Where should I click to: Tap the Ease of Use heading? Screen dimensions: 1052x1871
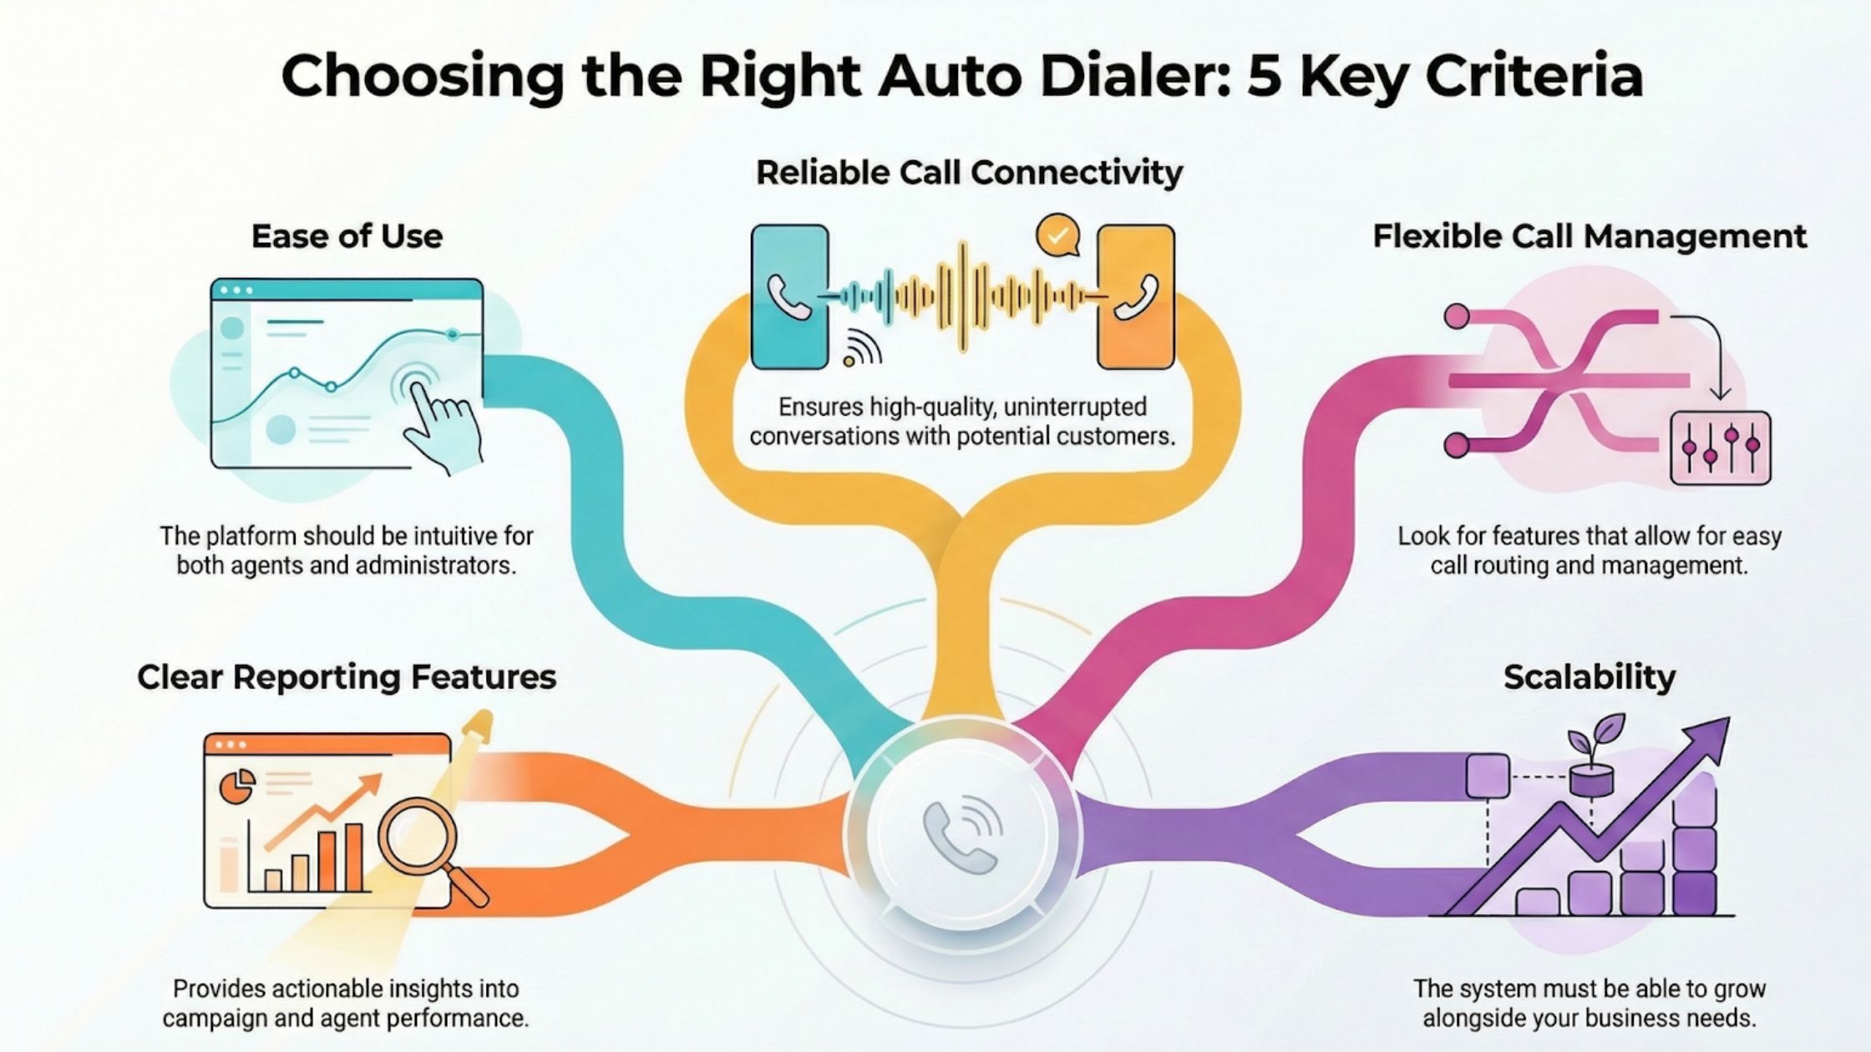click(x=347, y=236)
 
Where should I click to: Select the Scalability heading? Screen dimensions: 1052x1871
click(x=1589, y=676)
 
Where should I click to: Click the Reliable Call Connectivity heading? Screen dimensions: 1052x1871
click(x=969, y=173)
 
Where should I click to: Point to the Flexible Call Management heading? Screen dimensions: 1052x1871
click(x=1590, y=236)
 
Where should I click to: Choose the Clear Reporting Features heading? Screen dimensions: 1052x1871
click(x=347, y=676)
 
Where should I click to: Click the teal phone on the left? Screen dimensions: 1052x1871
click(x=789, y=296)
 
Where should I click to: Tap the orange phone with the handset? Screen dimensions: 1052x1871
click(x=1136, y=296)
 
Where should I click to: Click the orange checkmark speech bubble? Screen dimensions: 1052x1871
click(x=1057, y=235)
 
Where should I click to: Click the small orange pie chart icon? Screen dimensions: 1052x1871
click(x=237, y=785)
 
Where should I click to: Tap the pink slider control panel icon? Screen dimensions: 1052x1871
click(x=1720, y=448)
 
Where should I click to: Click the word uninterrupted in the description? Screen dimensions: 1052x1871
click(x=1075, y=407)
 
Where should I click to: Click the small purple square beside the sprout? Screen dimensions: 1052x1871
click(x=1488, y=776)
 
